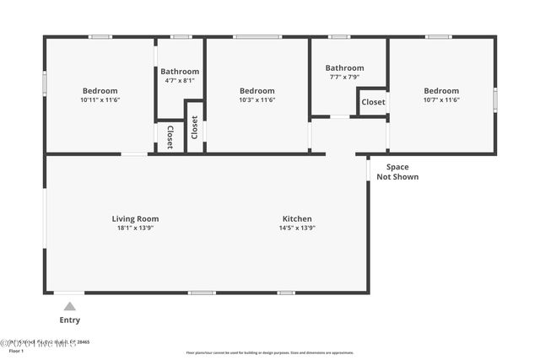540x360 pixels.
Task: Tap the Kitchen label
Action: tap(297, 218)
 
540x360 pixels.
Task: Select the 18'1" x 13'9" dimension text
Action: tap(135, 228)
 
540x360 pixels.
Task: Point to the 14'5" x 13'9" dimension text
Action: tap(297, 228)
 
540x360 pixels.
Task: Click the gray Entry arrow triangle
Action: tap(70, 306)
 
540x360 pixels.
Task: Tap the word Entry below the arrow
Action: tap(70, 320)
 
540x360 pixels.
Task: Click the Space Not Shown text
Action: tap(397, 172)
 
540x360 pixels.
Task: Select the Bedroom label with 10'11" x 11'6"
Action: tap(100, 91)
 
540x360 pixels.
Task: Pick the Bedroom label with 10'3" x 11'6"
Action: tap(256, 91)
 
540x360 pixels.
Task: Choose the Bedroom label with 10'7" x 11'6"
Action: tap(441, 91)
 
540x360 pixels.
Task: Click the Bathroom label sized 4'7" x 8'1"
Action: tap(180, 72)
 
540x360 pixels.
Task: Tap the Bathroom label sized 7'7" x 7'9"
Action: tap(344, 68)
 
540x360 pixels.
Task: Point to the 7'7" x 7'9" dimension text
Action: tap(344, 78)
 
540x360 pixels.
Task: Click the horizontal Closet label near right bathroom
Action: tap(373, 102)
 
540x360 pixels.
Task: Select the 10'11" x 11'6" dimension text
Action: tap(100, 100)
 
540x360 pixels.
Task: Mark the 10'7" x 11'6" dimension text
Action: tap(441, 100)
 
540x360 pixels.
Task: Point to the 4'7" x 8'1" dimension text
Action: tap(180, 81)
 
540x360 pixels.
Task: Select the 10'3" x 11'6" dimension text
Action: tap(256, 100)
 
